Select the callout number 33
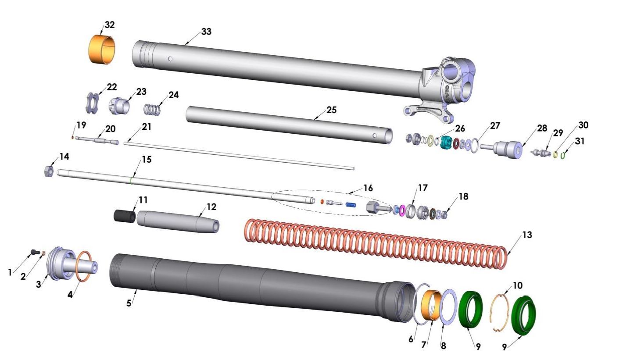tap(206, 32)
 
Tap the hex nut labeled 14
tap(50, 171)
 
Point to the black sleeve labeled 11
tap(125, 216)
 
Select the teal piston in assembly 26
tap(447, 143)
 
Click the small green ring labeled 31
tap(563, 155)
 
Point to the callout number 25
tap(331, 110)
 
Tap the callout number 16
tap(368, 188)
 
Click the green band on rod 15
tap(131, 180)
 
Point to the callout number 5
tap(129, 303)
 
